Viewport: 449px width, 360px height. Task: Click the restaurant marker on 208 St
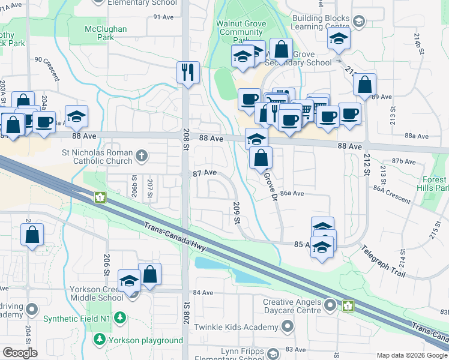[188, 72]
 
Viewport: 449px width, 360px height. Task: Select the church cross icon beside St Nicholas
[141, 157]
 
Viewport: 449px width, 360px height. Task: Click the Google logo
[20, 353]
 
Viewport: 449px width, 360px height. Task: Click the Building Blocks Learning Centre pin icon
[358, 22]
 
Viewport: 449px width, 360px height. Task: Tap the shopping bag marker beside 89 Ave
[365, 85]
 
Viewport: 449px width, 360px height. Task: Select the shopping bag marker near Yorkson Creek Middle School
[149, 274]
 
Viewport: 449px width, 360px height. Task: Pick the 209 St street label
[236, 213]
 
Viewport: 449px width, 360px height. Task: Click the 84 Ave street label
[203, 293]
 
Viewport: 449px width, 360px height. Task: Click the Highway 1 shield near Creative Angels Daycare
[348, 306]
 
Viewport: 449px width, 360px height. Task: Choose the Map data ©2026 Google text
[411, 355]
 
